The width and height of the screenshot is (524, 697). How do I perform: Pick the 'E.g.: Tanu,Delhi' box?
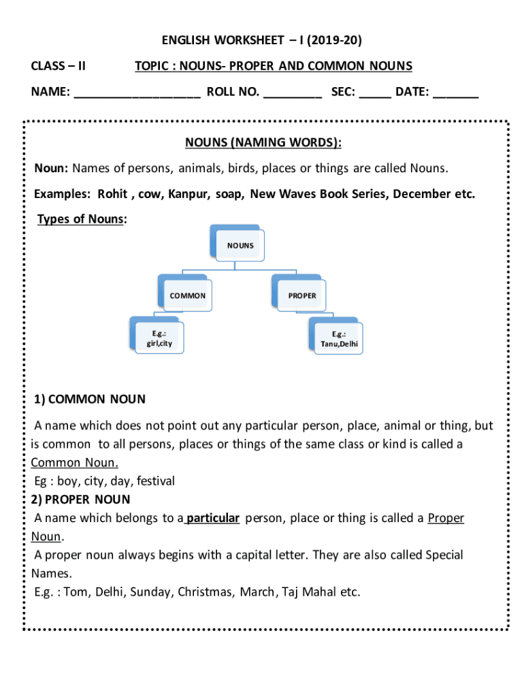click(x=338, y=338)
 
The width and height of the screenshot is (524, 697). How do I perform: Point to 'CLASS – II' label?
click(x=59, y=66)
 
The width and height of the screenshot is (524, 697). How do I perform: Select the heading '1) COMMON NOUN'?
click(x=90, y=399)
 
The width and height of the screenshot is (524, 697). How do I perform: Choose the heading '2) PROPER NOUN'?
click(x=82, y=500)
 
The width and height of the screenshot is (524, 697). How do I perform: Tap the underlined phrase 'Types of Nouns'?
click(x=80, y=219)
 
